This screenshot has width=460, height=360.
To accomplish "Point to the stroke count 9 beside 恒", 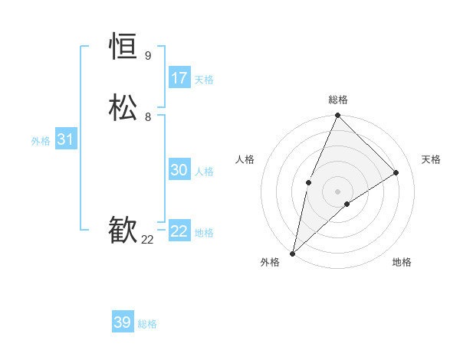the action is click(x=147, y=56).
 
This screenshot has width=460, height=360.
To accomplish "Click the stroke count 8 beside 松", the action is click(x=147, y=117).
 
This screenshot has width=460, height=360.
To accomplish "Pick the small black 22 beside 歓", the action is click(x=147, y=240).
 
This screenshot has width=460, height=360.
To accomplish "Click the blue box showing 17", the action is click(x=179, y=78).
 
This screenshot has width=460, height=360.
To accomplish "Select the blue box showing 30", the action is click(x=179, y=171).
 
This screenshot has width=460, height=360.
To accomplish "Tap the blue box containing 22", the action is click(x=179, y=231).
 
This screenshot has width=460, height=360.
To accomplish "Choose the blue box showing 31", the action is click(x=65, y=139).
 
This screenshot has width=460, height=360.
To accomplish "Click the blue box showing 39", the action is click(x=123, y=322).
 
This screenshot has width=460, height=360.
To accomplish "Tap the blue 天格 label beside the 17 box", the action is click(x=204, y=80).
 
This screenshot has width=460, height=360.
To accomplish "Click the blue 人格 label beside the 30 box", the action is click(x=204, y=172).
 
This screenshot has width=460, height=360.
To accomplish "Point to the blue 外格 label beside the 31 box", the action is click(x=41, y=141).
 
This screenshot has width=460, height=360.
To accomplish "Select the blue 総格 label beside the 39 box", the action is click(x=147, y=324).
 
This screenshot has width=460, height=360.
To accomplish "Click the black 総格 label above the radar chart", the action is click(x=338, y=100).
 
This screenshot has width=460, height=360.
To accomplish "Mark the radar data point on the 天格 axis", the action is click(x=396, y=173).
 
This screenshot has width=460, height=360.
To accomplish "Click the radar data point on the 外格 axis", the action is click(x=292, y=254).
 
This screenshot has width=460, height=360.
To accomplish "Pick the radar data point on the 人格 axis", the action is click(x=308, y=182).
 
